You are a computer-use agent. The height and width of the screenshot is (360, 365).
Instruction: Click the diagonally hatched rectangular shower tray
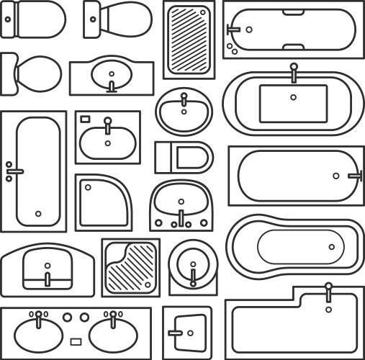[189, 40]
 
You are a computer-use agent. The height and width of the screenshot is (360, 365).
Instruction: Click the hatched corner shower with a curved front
[130, 267]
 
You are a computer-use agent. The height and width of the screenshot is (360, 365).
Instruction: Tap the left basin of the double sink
[38, 331]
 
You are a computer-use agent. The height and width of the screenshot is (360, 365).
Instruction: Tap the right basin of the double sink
[113, 331]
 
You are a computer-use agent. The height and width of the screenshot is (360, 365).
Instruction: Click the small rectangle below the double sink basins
[76, 342]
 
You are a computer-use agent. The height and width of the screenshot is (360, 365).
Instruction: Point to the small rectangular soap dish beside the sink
[84, 118]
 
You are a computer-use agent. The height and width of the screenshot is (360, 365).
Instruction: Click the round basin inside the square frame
[192, 267]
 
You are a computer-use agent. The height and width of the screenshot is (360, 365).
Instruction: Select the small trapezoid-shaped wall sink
[187, 333]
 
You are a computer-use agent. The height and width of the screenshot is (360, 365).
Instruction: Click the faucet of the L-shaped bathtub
[328, 291]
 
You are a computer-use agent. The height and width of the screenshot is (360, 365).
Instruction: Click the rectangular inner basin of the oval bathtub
[293, 102]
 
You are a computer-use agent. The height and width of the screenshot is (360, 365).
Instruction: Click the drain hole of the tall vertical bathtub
[38, 213]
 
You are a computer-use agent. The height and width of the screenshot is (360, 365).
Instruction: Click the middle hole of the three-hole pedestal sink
[181, 223]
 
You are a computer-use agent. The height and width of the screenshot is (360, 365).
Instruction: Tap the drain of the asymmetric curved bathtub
[332, 247]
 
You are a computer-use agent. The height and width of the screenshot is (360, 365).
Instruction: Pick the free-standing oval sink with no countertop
[184, 111]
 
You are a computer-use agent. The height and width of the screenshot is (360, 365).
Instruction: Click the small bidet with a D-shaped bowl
[185, 157]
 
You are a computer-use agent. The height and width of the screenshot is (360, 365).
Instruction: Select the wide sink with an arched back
[47, 268]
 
